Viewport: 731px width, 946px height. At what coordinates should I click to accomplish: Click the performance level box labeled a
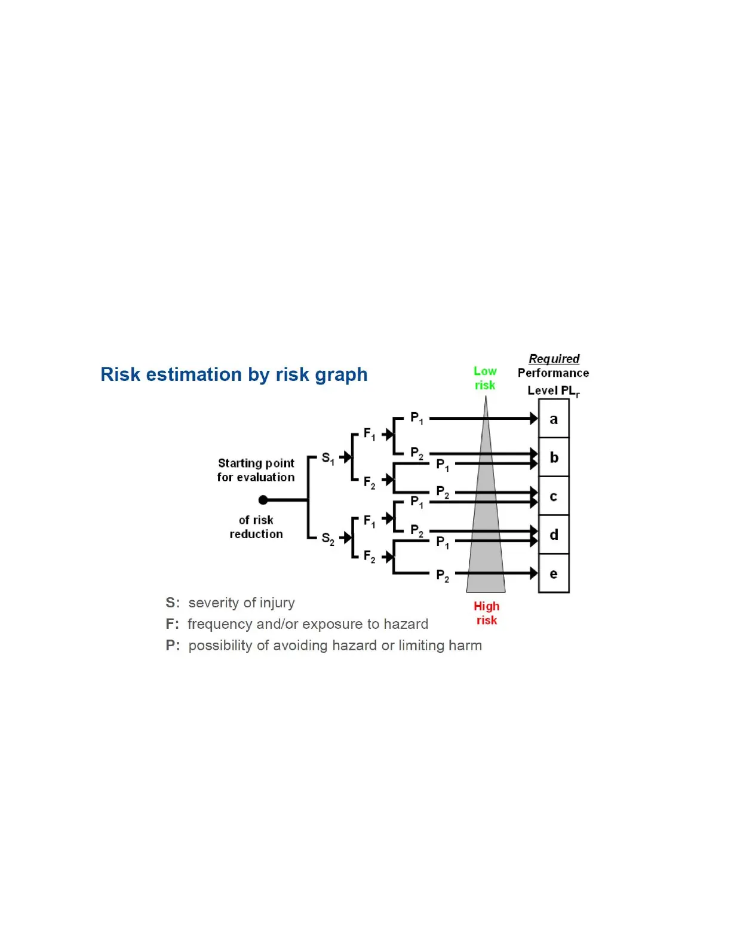(x=554, y=419)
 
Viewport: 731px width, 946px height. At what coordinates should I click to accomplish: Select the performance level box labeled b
(x=554, y=457)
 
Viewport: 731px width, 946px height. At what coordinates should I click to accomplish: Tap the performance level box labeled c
(x=554, y=496)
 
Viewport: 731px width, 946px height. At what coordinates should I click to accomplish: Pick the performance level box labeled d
(x=554, y=535)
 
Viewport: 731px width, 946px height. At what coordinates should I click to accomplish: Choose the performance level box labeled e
(x=554, y=573)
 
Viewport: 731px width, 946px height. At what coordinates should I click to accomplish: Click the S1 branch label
(x=328, y=458)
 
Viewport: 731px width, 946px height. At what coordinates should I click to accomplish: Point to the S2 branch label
(x=328, y=538)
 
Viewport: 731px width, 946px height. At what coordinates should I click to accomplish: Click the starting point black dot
(x=263, y=500)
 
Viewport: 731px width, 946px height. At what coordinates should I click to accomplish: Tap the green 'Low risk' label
(x=485, y=378)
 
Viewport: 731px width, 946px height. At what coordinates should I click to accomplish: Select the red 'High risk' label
(x=486, y=613)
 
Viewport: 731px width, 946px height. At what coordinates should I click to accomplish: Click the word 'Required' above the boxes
(x=554, y=358)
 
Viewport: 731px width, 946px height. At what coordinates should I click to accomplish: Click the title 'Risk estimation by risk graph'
(x=234, y=374)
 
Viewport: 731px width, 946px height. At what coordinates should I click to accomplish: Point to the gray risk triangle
(x=486, y=537)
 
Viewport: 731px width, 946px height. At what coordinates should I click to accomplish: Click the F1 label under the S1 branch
(x=370, y=434)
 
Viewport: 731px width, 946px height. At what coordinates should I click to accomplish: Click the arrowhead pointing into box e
(x=533, y=573)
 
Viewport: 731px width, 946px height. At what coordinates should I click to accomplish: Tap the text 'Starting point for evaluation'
(x=256, y=470)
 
